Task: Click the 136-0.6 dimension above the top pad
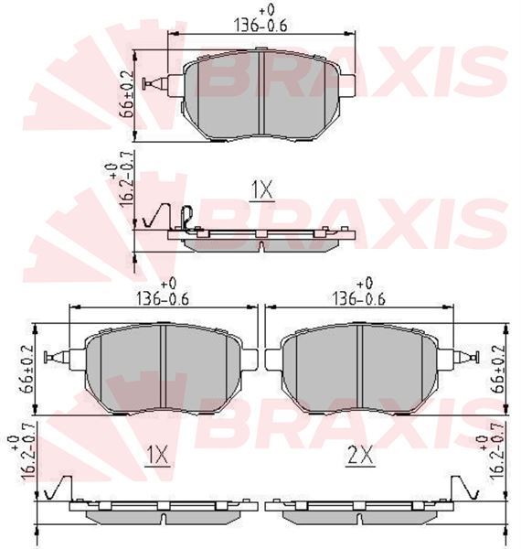coord(260,26)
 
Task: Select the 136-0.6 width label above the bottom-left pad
coord(163,299)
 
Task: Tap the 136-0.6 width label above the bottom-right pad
coord(358,299)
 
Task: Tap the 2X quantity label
coord(360,455)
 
